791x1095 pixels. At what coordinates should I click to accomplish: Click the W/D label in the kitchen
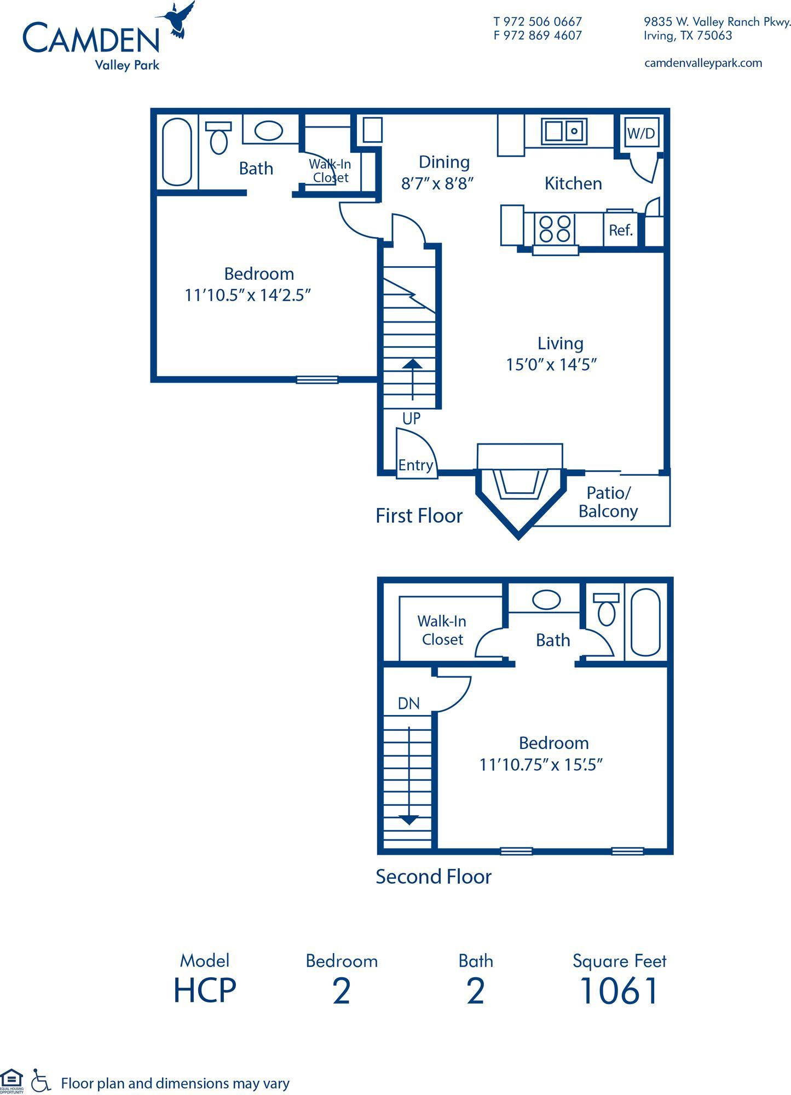coord(640,133)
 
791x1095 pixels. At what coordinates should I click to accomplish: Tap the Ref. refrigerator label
coord(621,230)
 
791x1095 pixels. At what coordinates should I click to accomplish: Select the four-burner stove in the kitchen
coord(555,229)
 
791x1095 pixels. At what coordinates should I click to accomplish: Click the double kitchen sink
coord(564,131)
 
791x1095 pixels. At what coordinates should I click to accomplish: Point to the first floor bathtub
coord(177,152)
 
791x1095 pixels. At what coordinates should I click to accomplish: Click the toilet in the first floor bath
coord(218,137)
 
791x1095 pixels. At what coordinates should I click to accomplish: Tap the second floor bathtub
coord(645,623)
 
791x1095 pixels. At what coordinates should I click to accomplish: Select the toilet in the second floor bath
coord(606,609)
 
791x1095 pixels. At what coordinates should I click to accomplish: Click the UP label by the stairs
coord(411,419)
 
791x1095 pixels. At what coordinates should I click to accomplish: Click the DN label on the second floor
coord(409,704)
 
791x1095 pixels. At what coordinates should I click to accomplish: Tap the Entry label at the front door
coord(415,465)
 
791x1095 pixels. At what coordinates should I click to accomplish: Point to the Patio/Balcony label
coord(608,502)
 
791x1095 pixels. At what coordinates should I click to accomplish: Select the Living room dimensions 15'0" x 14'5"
coord(551,365)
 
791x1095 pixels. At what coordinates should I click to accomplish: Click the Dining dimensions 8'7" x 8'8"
coord(437,183)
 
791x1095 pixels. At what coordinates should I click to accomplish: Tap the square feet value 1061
coord(619,991)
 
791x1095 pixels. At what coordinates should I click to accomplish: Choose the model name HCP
coord(205,991)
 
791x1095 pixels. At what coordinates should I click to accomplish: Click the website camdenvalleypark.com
coord(703,63)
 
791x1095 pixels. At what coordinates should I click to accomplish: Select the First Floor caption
coord(419,516)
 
